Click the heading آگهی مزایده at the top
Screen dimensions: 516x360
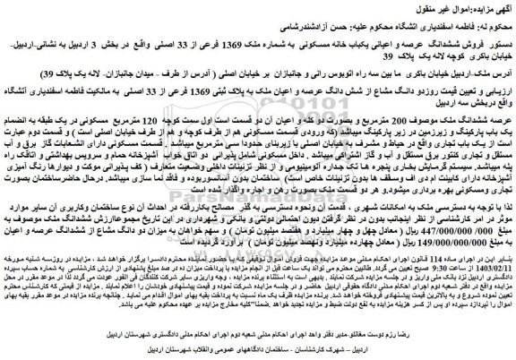(488, 6)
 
